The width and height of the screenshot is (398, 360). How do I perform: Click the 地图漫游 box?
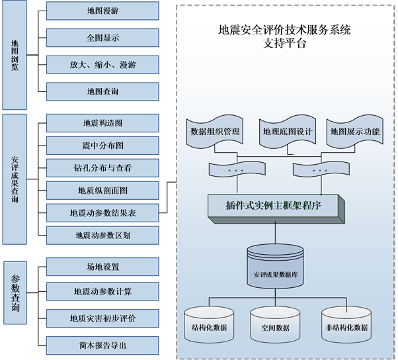102,11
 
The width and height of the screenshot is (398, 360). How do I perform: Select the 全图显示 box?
102,38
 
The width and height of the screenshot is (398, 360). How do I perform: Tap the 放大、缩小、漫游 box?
102,65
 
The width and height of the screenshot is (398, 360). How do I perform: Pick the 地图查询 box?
102,91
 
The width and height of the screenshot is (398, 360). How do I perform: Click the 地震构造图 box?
102,123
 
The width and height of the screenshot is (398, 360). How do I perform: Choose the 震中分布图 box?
102,145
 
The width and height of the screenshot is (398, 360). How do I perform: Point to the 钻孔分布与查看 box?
102,167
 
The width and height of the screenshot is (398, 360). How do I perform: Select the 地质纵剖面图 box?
102,190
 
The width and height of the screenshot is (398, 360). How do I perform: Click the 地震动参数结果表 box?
102,212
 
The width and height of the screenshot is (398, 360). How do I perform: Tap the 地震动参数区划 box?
102,235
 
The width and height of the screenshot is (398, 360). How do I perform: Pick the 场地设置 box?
102,267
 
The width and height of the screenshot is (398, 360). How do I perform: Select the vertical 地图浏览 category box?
15,56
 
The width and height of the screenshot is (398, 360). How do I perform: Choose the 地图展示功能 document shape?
355,132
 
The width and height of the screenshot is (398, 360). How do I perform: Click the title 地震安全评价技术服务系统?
284,30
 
